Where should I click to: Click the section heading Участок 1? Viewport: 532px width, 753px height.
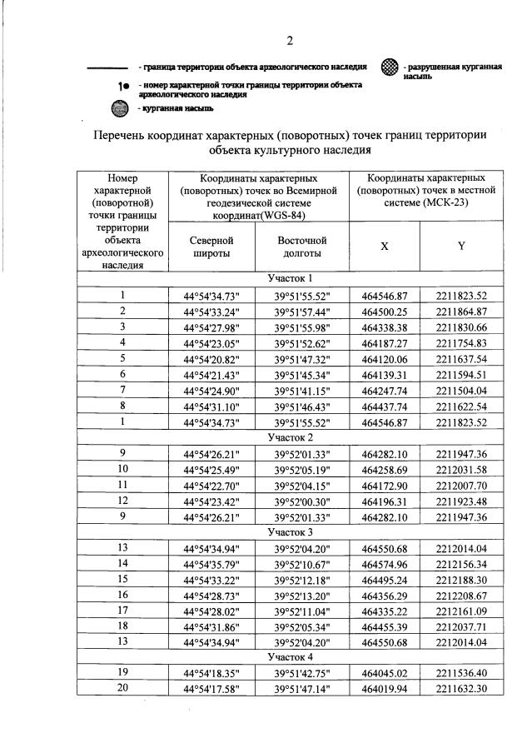[290, 279]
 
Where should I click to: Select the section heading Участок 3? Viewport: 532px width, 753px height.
[290, 531]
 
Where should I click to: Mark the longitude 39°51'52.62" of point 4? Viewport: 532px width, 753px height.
[303, 342]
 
